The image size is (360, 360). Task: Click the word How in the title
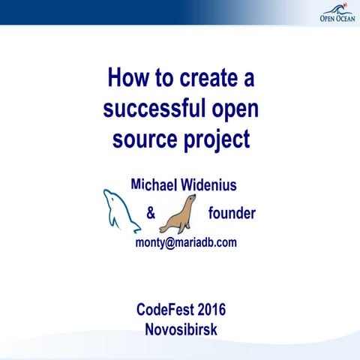(x=126, y=77)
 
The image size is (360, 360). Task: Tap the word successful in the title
(x=151, y=109)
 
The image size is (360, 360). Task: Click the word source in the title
(x=144, y=140)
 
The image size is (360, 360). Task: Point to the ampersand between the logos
(x=151, y=214)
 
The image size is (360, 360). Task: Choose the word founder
(x=232, y=214)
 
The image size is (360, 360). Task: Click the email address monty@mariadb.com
(x=186, y=242)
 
